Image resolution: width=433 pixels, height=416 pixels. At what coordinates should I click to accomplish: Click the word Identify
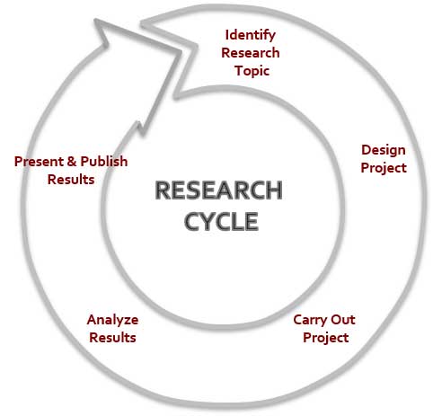[251, 36]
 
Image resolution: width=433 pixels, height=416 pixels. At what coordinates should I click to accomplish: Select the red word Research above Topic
[251, 53]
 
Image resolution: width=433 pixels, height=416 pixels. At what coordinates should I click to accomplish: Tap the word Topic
[252, 71]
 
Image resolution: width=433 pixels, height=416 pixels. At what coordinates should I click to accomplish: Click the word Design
[384, 151]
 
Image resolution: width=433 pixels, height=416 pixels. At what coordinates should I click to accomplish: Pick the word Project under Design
[384, 168]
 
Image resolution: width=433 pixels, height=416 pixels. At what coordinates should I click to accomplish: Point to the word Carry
[310, 321]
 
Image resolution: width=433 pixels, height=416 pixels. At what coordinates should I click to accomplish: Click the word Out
[342, 320]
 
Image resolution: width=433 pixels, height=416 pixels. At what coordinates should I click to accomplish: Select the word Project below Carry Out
[325, 338]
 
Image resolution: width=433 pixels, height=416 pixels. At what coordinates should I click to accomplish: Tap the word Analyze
[112, 321]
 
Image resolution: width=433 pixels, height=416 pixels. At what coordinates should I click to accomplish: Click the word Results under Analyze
[112, 338]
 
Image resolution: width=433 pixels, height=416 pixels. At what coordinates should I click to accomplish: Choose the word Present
[39, 162]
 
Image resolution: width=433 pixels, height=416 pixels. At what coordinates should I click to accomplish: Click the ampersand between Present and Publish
[72, 162]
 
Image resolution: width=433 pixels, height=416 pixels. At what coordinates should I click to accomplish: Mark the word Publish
[104, 162]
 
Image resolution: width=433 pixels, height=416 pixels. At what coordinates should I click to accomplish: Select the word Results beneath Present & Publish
[71, 180]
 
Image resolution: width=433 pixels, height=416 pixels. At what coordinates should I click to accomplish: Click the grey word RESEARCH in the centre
[218, 190]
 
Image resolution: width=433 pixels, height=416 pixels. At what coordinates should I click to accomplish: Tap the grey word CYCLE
[221, 221]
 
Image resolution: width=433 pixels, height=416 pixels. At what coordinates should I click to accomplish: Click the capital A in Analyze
[92, 320]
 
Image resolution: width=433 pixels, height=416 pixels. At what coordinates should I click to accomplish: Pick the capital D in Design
[366, 150]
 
